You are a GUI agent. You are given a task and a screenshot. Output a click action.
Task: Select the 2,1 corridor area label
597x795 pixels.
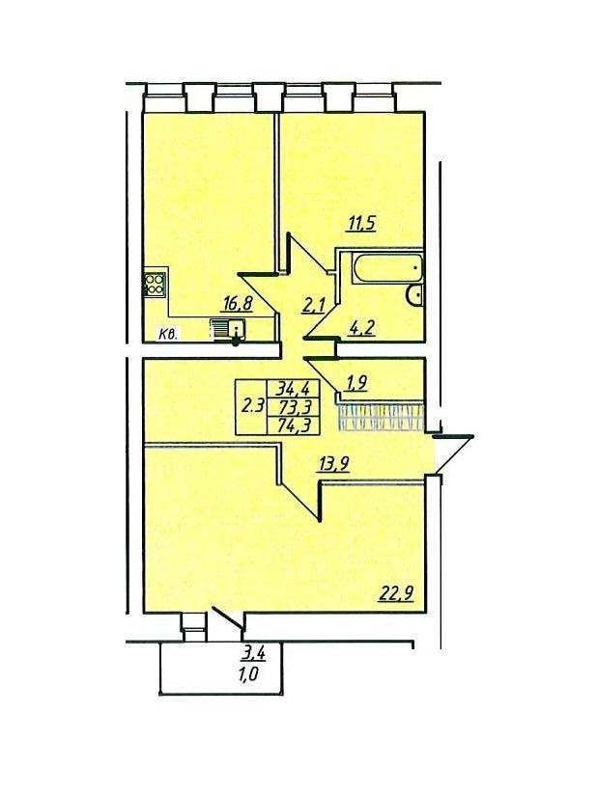point(313,306)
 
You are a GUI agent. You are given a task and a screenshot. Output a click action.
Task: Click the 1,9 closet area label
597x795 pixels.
point(355,384)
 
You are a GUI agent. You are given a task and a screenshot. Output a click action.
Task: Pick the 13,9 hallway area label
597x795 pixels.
point(333,463)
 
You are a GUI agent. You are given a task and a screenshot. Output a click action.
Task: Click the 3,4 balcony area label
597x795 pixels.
point(254,653)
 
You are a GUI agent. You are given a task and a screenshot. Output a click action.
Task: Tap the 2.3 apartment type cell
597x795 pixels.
point(251,406)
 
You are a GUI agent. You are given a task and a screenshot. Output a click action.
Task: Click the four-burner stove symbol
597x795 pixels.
point(156,285)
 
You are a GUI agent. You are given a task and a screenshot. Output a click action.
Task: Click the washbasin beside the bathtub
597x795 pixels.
point(415,294)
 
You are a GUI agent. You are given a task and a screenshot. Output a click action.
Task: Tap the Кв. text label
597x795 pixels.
point(168,334)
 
